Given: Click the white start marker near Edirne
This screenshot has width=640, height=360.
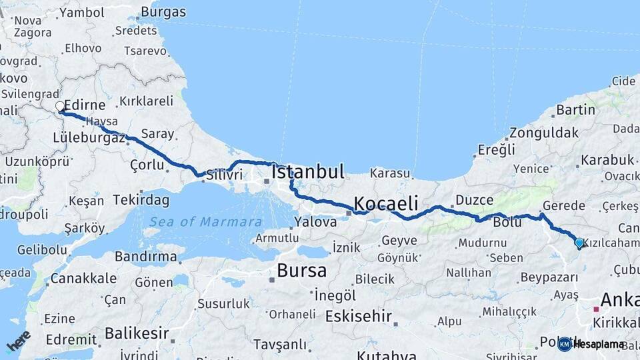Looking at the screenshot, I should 60,107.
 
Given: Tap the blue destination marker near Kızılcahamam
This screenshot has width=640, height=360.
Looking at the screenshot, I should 579,243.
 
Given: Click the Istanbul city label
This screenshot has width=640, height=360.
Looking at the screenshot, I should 308,172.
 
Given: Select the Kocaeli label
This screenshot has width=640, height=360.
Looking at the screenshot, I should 386,203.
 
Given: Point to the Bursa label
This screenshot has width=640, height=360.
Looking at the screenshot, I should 301,271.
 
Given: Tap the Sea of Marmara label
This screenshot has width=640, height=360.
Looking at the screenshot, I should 205,222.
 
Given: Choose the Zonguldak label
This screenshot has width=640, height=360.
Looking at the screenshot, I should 544,133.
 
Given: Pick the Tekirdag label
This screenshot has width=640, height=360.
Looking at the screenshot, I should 141,199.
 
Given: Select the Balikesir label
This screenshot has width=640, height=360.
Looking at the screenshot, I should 136,332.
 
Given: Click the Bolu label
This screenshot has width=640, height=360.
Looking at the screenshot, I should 507,222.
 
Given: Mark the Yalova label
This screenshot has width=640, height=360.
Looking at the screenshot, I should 315,222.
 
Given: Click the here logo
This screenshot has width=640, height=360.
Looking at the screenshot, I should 18,341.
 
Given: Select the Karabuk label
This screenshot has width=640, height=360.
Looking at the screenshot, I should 607,160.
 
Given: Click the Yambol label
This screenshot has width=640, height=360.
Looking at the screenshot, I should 81,12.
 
